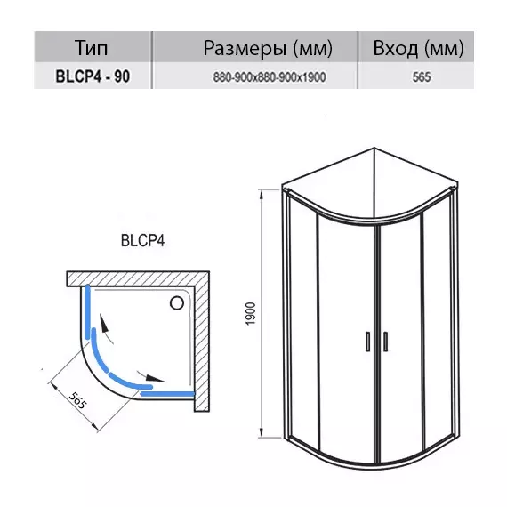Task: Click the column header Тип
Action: click(92, 47)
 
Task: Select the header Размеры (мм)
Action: click(268, 48)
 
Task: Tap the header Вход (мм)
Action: click(418, 48)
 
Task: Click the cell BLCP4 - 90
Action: click(93, 76)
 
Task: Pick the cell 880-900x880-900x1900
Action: click(270, 77)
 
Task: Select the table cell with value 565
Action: click(422, 77)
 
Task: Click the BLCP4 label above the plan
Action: click(142, 241)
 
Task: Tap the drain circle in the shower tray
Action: click(177, 303)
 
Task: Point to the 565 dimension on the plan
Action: click(78, 400)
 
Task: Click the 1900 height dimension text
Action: click(251, 313)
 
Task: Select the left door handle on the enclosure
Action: click(367, 342)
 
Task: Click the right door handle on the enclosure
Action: click(385, 342)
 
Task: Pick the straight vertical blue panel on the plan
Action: click(87, 311)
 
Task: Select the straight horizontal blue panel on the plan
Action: click(168, 393)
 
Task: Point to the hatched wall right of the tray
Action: click(202, 342)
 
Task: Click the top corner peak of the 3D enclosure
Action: click(374, 148)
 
